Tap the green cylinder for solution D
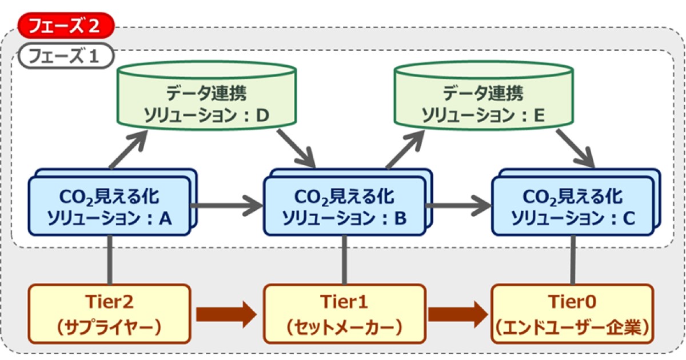click(x=206, y=100)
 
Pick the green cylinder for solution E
click(x=484, y=100)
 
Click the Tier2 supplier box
click(x=109, y=314)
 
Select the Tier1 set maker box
click(x=344, y=314)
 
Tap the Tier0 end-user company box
click(x=572, y=314)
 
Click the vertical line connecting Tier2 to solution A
click(x=109, y=259)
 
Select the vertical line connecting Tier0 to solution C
click(x=572, y=259)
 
